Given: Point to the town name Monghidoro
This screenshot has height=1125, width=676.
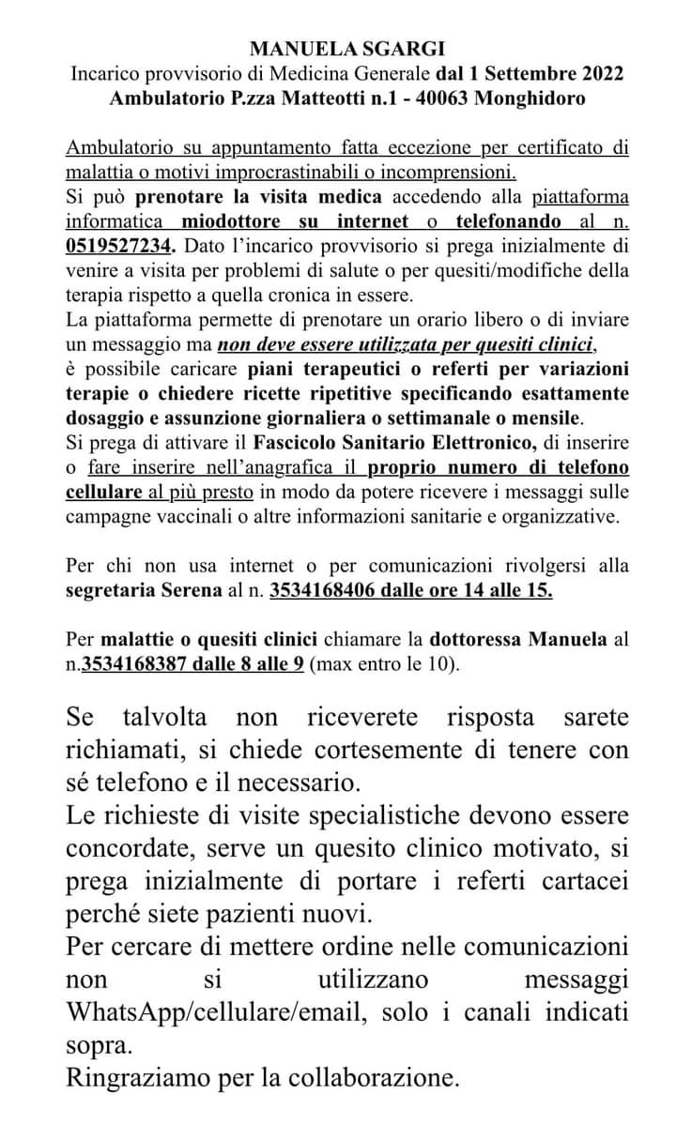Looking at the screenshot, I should [x=530, y=98].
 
